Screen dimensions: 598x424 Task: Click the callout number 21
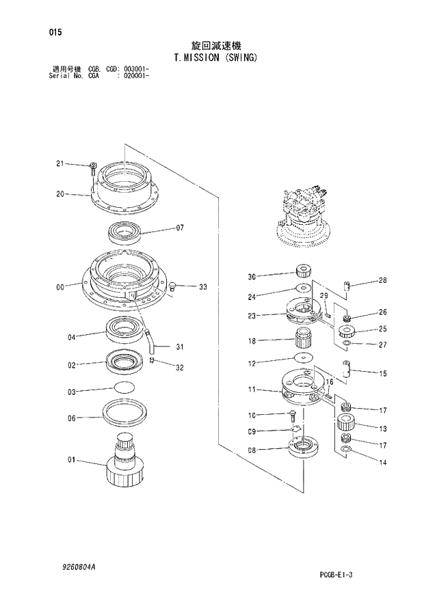pyautogui.click(x=59, y=163)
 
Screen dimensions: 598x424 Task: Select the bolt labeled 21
pyautogui.click(x=92, y=167)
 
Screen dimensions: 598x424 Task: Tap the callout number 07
pyautogui.click(x=181, y=228)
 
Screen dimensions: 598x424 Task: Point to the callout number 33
pyautogui.click(x=202, y=287)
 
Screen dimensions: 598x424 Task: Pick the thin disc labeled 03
pyautogui.click(x=123, y=388)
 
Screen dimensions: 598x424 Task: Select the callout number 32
pyautogui.click(x=180, y=368)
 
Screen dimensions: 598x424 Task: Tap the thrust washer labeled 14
pyautogui.click(x=347, y=449)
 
